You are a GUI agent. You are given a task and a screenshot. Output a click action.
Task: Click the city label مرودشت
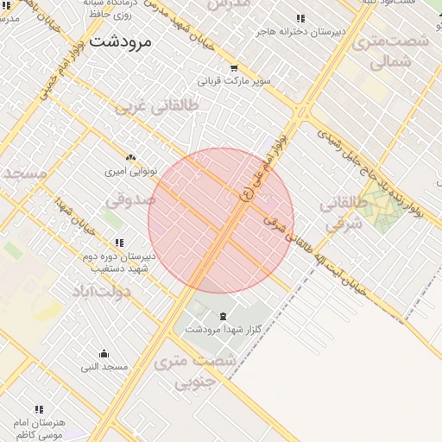(x=120, y=41)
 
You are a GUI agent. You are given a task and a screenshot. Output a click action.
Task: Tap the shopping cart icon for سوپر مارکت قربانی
(x=234, y=68)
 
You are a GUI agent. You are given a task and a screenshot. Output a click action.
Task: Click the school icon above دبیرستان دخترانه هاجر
(x=300, y=18)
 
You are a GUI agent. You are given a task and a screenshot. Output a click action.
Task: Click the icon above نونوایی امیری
(x=130, y=157)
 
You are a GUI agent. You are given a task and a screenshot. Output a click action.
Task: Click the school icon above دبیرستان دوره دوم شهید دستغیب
(x=119, y=243)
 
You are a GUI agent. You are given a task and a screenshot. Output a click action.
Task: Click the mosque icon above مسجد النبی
(x=104, y=353)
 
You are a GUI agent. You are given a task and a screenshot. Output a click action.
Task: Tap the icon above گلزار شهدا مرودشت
(x=224, y=315)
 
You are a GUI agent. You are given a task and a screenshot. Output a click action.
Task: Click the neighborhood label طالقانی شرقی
(x=344, y=214)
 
